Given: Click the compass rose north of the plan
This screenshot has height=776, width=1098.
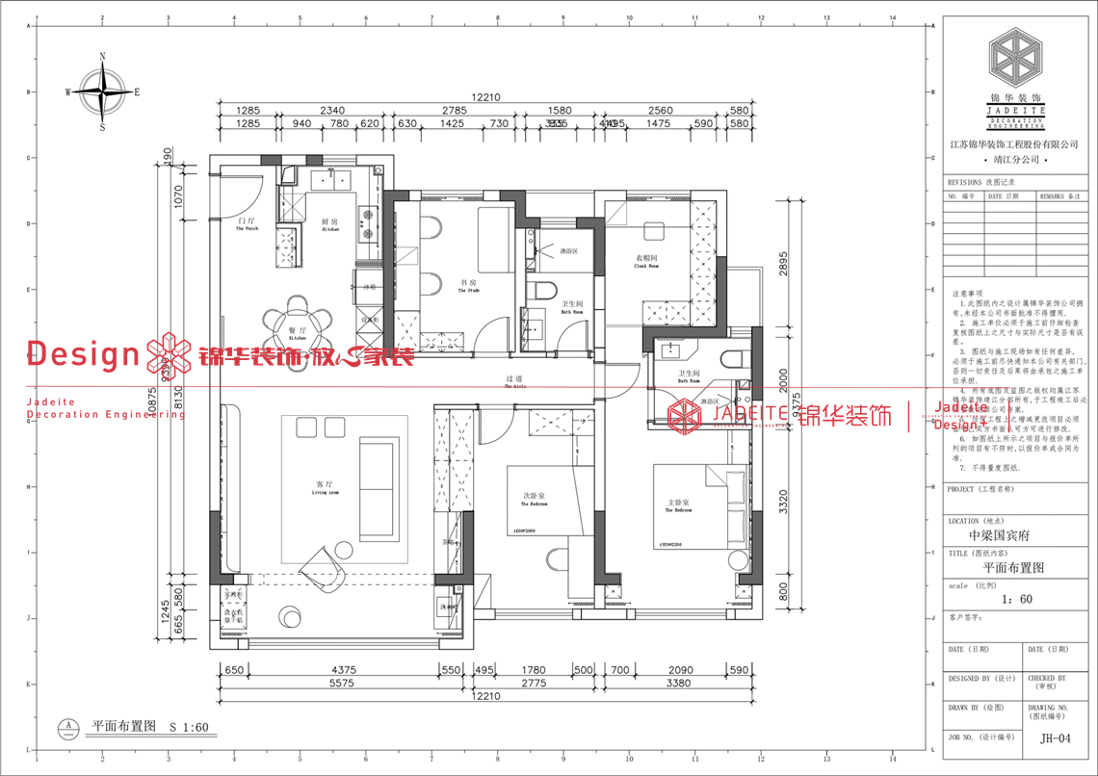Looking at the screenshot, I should tap(103, 92).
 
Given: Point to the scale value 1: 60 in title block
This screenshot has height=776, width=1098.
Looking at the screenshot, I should tap(1016, 599).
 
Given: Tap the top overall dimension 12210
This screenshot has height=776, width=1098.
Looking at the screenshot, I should tap(486, 97).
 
